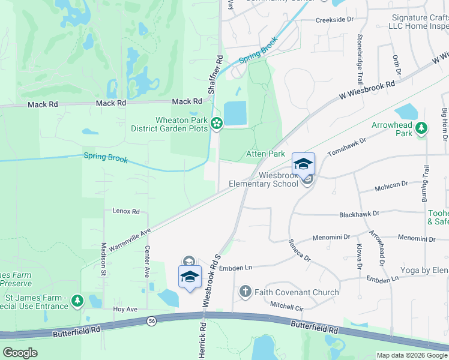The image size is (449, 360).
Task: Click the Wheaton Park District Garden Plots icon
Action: [217, 124]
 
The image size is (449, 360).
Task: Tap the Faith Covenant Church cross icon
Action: [245, 292]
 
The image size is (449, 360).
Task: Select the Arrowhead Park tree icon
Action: [422, 128]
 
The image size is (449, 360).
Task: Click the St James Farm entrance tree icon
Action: [77, 301]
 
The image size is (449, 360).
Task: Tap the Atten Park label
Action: [265, 154]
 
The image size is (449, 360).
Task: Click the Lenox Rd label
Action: [126, 211]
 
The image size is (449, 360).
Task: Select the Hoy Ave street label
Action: [125, 309]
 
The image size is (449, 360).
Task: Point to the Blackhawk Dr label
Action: [359, 213]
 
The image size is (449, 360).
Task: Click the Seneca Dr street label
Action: [299, 250]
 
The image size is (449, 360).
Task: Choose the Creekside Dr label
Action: [335, 20]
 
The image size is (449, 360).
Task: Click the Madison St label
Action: [103, 258]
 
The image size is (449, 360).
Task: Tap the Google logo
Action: [20, 353]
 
